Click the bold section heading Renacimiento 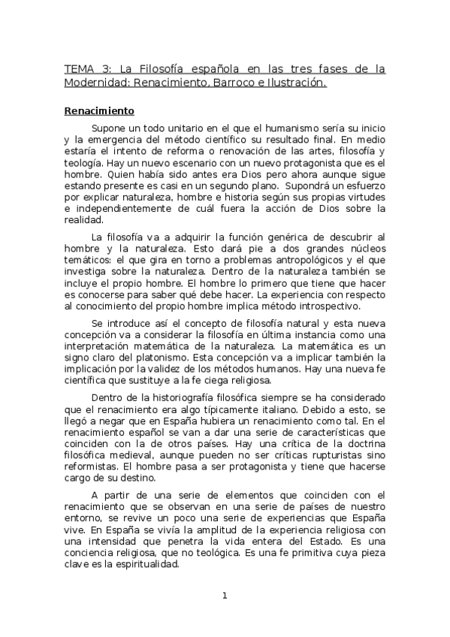(x=99, y=111)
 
